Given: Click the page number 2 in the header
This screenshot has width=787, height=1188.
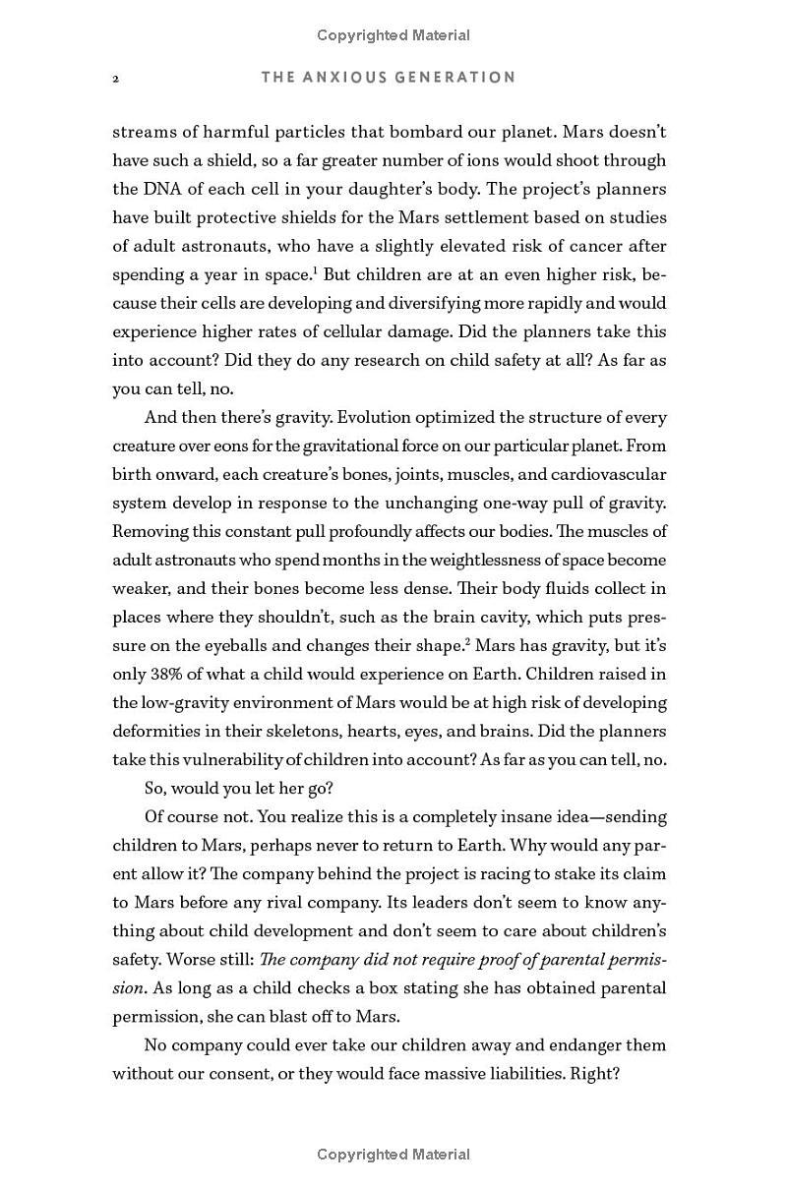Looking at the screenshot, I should (116, 78).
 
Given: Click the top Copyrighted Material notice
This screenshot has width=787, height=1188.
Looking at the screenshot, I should (393, 35).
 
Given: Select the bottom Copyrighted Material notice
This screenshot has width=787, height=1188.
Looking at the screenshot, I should (393, 1155).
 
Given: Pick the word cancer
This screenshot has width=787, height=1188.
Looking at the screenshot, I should (594, 246).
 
